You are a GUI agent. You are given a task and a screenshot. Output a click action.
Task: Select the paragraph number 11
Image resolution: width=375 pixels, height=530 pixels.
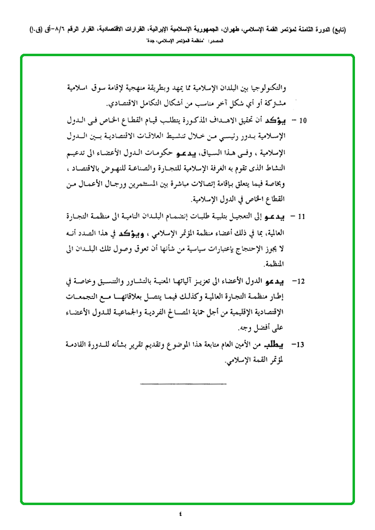(302, 215)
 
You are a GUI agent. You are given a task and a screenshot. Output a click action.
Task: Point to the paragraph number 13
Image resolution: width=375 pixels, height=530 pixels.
(301, 345)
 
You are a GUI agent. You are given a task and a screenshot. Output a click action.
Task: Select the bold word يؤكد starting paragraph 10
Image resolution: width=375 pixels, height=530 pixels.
(276, 119)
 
